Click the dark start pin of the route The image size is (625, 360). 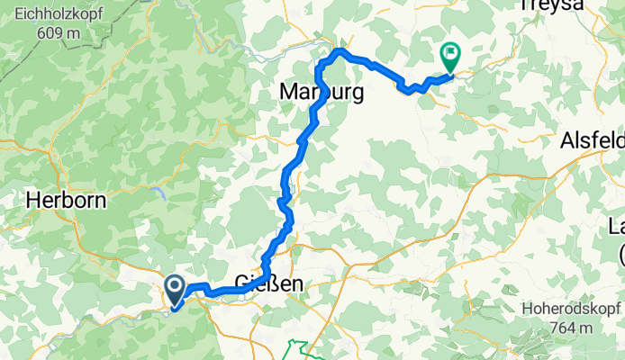176,289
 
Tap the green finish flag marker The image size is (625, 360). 449,57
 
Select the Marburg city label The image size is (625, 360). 322,92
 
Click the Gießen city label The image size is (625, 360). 269,283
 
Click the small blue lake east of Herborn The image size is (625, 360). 159,191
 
